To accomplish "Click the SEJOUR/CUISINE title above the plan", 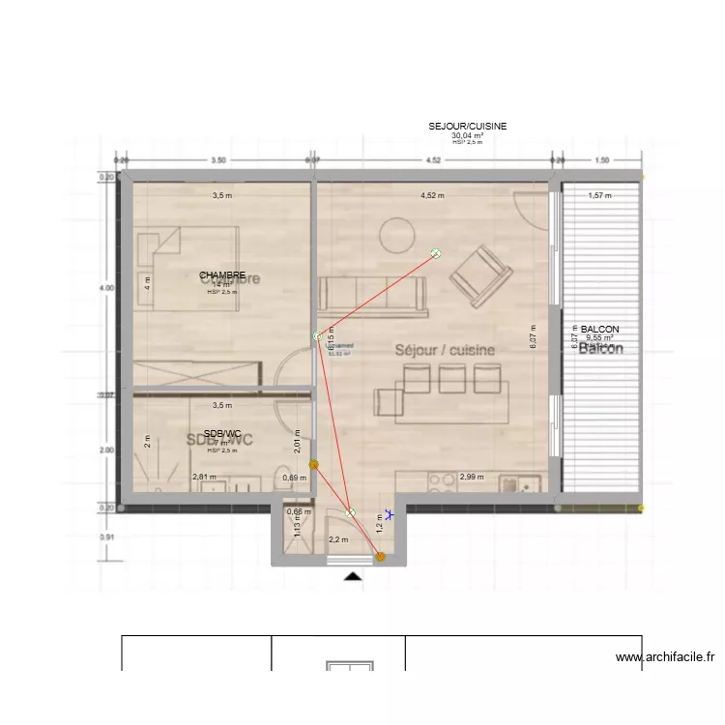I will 468,127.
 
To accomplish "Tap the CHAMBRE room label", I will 222,275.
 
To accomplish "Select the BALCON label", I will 599,330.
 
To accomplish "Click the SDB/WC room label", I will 221,433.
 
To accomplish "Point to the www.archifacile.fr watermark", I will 664,657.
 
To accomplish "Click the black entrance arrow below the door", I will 354,577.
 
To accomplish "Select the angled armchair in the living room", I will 481,275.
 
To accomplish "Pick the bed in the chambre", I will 188,268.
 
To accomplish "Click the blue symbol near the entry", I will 389,516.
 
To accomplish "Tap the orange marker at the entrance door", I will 380,556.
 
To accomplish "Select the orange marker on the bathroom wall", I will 312,465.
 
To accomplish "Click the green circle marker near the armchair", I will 436,254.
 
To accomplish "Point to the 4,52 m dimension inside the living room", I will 432,195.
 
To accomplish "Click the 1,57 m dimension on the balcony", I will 601,195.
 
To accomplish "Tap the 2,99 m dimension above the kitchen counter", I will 472,477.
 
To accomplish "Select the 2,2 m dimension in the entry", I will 338,540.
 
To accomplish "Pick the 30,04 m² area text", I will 467,136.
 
